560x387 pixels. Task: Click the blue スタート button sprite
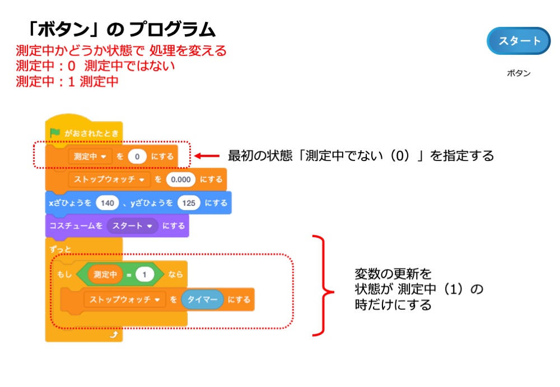[x=519, y=41]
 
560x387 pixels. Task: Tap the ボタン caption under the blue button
[x=519, y=73]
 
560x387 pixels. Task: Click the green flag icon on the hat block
[x=54, y=133]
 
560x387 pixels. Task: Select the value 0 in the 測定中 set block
[x=137, y=157]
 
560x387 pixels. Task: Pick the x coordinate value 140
[x=106, y=202]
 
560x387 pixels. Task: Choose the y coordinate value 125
[x=189, y=202]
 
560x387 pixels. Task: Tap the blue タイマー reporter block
[x=202, y=299]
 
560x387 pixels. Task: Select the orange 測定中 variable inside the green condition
[x=105, y=275]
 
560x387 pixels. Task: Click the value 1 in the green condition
[x=144, y=275]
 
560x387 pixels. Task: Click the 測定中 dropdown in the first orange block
[x=90, y=157]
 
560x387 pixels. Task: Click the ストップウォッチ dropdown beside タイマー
[x=125, y=299]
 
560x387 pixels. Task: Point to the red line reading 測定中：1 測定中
[x=67, y=81]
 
